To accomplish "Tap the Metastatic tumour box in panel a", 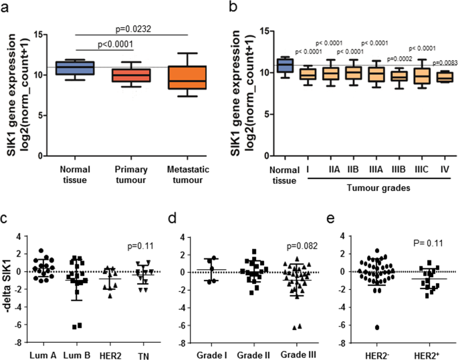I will point(177,77).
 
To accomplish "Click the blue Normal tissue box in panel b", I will point(285,65).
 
